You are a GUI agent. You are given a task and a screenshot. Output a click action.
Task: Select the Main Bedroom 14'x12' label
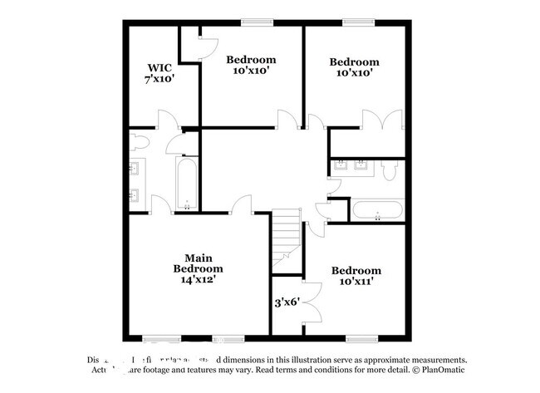[198, 268]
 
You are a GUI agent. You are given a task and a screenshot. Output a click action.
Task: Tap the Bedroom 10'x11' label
[356, 276]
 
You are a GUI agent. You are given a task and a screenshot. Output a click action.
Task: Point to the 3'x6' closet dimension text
[287, 303]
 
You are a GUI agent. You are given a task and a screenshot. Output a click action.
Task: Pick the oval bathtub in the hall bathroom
[378, 209]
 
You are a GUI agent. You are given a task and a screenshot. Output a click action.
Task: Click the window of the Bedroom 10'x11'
[359, 338]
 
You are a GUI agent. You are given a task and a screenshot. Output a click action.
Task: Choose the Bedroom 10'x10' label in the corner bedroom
[355, 66]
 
